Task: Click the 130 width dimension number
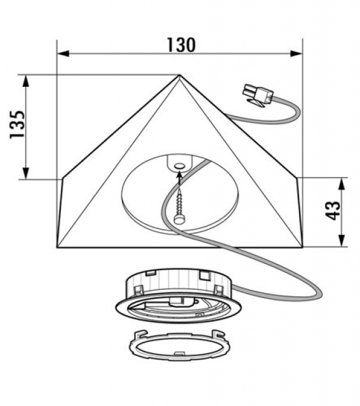pos(181,45)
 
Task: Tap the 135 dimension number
pos(17,124)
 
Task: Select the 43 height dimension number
pos(333,210)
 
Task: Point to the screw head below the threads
pos(179,220)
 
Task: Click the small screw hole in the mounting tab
pos(179,166)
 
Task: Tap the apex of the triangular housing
pos(179,75)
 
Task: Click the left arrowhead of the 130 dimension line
pos(63,53)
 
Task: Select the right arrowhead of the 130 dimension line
pos(297,53)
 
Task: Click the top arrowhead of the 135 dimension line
pos(25,81)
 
